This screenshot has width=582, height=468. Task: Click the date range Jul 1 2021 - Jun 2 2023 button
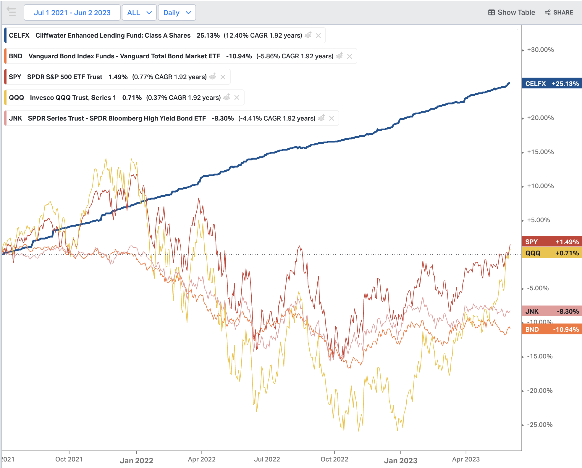point(72,13)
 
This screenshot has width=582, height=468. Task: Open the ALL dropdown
point(139,13)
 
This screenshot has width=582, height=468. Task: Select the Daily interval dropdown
point(177,13)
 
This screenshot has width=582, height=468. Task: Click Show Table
point(512,12)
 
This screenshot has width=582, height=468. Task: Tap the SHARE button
point(559,12)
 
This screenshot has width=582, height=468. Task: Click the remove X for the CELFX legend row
point(318,36)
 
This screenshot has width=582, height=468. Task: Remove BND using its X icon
point(350,56)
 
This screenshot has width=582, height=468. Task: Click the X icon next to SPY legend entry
point(223,77)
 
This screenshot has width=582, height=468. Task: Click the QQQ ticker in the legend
point(16,98)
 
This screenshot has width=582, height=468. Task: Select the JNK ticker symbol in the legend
point(15,118)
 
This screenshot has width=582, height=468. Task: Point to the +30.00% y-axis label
point(540,50)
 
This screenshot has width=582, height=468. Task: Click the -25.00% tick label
point(540,425)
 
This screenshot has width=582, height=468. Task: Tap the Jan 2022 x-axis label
point(136,461)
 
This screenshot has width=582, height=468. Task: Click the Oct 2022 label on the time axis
point(334,459)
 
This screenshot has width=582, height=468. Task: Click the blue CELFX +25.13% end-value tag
point(552,84)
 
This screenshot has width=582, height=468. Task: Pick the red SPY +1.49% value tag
point(552,242)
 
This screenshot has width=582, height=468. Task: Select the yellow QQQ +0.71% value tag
point(552,253)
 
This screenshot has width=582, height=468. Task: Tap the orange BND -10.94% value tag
point(552,330)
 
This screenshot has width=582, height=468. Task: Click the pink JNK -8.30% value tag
point(552,311)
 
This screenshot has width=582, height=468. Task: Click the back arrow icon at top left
point(12,12)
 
